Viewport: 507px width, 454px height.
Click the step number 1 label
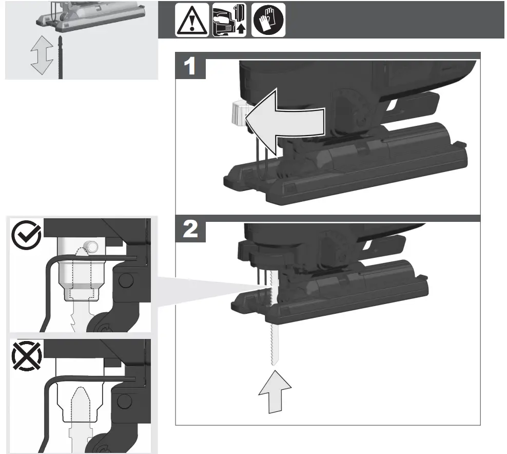(190, 67)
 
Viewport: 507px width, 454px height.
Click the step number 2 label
(190, 230)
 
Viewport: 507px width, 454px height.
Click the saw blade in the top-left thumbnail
(62, 59)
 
